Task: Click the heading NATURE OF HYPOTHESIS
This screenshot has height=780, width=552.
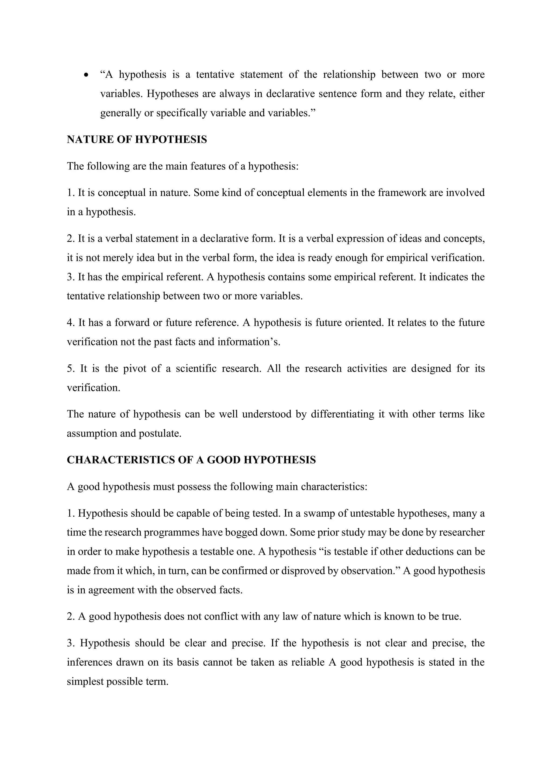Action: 137,140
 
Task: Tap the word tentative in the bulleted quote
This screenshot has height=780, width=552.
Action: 215,74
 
